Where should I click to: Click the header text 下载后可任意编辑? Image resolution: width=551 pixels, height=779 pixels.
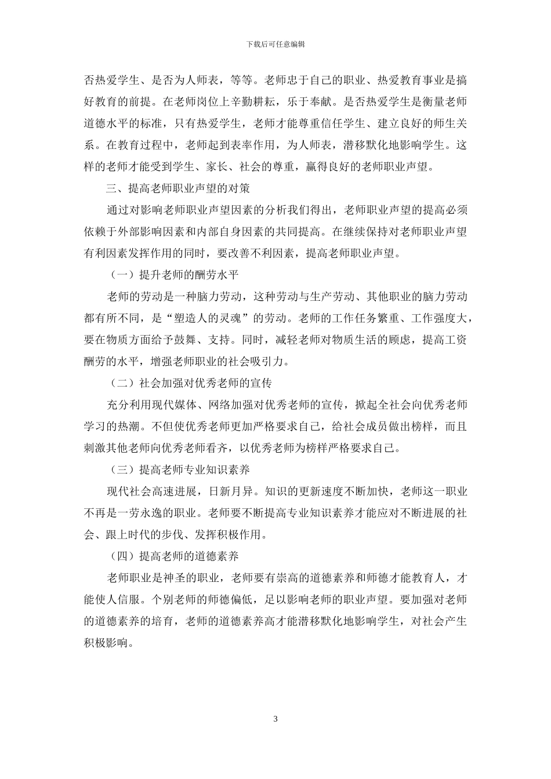(x=275, y=43)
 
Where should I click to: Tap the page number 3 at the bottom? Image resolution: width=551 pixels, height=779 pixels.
(x=275, y=719)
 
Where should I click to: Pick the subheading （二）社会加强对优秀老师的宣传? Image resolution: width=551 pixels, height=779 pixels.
(x=190, y=383)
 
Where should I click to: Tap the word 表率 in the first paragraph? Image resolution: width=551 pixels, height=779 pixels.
(x=248, y=145)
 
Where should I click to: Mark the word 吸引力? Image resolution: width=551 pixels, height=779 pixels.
(x=269, y=362)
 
